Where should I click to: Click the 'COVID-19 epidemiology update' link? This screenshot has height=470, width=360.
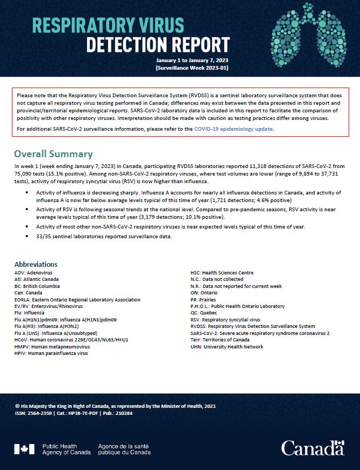[x=234, y=129]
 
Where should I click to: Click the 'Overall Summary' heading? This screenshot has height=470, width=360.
[x=53, y=154]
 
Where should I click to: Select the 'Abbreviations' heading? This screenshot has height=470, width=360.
[x=36, y=264]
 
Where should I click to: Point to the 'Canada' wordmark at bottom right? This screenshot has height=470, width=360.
[x=312, y=448]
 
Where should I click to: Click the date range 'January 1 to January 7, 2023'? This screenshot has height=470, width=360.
[x=192, y=61]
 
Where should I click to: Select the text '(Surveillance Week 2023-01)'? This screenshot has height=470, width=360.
[x=192, y=69]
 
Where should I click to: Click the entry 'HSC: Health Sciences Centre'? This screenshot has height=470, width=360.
[x=222, y=273]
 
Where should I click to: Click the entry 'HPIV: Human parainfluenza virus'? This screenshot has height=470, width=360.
[x=51, y=353]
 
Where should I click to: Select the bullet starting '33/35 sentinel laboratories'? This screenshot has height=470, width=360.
[x=104, y=237]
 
